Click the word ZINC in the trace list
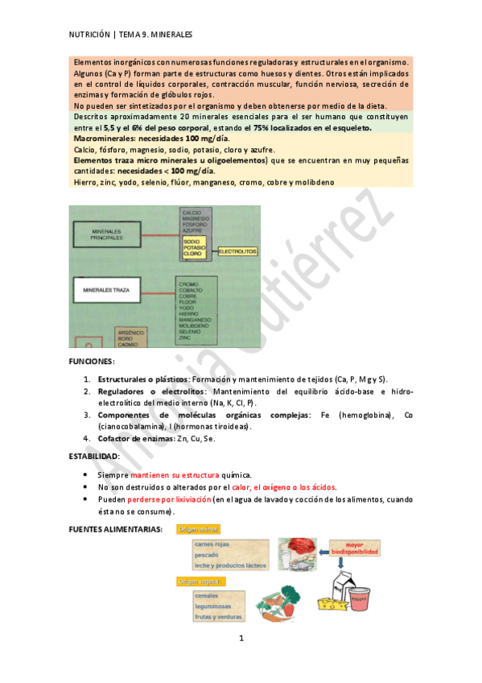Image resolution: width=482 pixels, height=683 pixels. click(186, 338)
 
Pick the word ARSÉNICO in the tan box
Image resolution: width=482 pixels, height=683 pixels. click(130, 333)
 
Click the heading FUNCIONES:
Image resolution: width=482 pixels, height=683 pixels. click(93, 362)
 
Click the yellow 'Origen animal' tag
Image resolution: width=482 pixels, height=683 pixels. click(199, 529)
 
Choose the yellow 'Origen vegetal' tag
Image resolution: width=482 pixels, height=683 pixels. click(200, 581)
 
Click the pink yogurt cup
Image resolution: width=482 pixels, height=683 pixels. click(361, 602)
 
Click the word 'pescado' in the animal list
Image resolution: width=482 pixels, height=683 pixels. click(207, 554)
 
